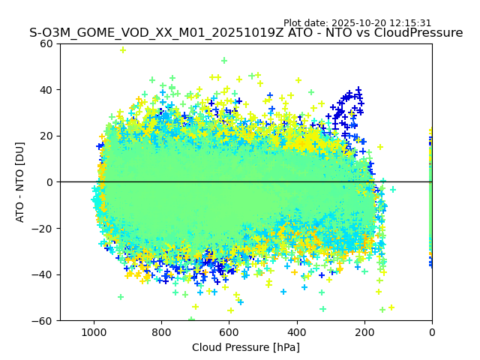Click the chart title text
[x=246, y=33]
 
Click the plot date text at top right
[x=357, y=23]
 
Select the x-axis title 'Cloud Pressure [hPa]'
[x=246, y=347]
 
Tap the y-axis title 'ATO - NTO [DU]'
[x=20, y=182]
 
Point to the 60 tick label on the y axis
[x=45, y=43]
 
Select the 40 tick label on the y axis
[x=45, y=90]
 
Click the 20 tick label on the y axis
[x=45, y=136]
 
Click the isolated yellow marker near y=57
[x=123, y=50]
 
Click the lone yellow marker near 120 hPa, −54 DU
[x=391, y=307]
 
